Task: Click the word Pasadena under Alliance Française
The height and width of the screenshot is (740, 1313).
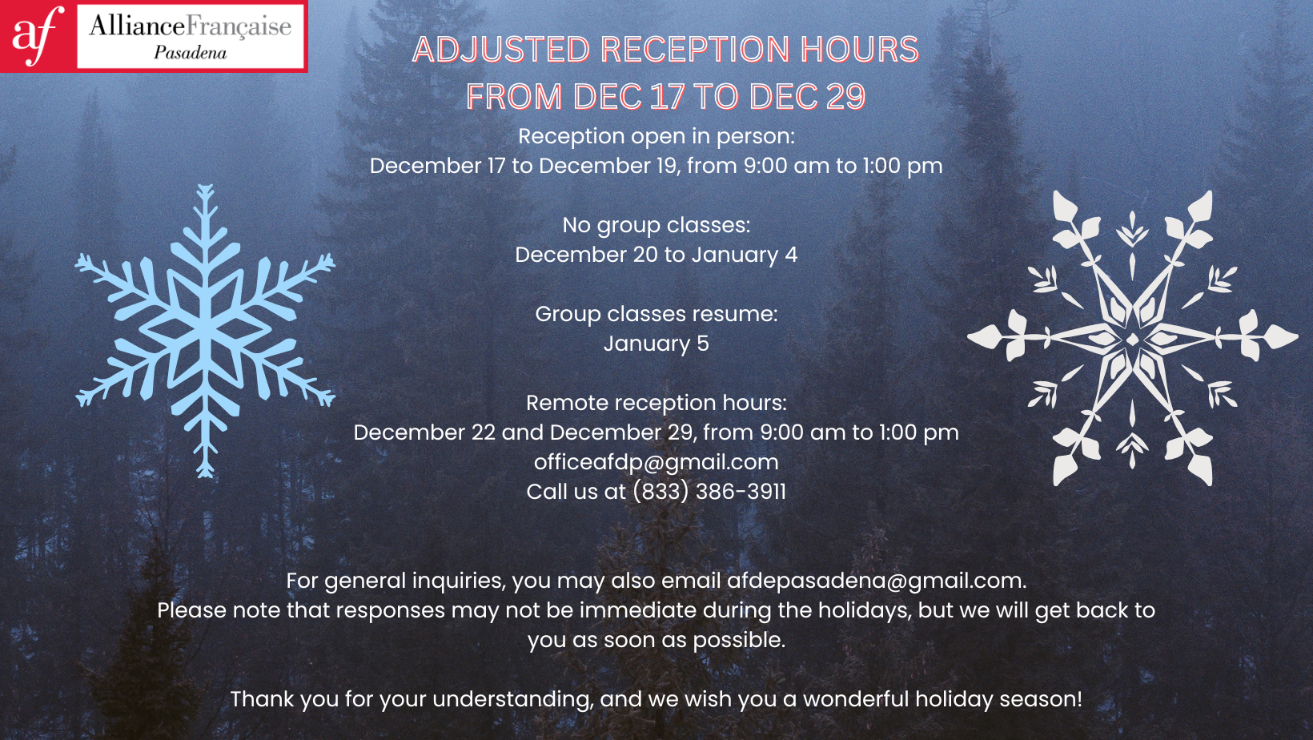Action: pyautogui.click(x=190, y=53)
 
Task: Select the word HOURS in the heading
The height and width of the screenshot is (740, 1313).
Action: pyautogui.click(x=859, y=49)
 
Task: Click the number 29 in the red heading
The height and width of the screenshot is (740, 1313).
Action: pyautogui.click(x=845, y=96)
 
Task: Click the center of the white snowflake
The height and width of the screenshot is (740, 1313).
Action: pyautogui.click(x=1132, y=338)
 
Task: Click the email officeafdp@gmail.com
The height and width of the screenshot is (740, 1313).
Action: pyautogui.click(x=656, y=462)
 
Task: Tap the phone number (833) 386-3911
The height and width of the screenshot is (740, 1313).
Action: pyautogui.click(x=709, y=492)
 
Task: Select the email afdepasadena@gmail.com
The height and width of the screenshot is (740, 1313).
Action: pyautogui.click(x=877, y=581)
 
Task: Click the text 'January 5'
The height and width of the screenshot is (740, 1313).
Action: pyautogui.click(x=656, y=344)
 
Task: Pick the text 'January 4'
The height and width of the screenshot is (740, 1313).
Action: pyautogui.click(x=745, y=255)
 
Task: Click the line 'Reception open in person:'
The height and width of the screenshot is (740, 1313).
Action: pyautogui.click(x=656, y=136)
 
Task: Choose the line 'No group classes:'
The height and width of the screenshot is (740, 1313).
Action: pyautogui.click(x=656, y=225)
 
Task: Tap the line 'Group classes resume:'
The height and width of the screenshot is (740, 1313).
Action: pyautogui.click(x=656, y=314)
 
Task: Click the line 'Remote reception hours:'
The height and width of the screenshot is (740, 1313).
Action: pyautogui.click(x=656, y=403)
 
